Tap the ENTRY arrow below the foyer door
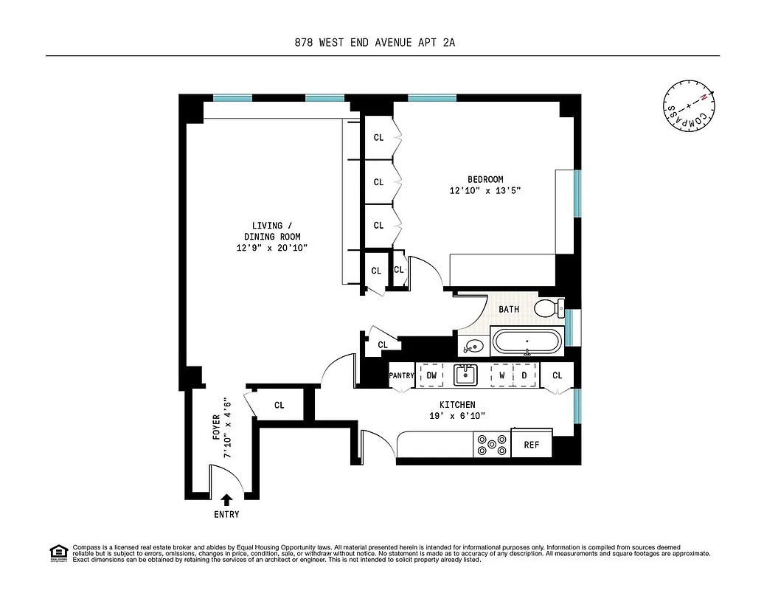[226, 501]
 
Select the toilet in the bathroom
[549, 308]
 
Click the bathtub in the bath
[527, 343]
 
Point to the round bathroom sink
[472, 346]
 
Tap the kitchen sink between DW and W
[465, 375]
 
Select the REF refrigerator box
[531, 445]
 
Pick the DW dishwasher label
[431, 375]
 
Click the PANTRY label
[402, 375]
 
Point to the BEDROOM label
[485, 179]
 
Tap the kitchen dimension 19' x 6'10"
[457, 417]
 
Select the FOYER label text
[216, 428]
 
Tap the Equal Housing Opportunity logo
[58, 552]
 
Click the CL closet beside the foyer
[279, 405]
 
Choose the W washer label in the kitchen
[501, 375]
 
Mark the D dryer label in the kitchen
[524, 375]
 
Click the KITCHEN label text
[457, 405]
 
